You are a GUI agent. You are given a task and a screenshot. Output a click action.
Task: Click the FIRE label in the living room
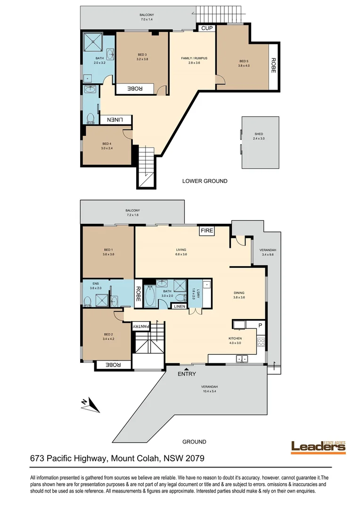click(x=207, y=231)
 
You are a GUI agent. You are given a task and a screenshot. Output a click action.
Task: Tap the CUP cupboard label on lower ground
click(x=206, y=28)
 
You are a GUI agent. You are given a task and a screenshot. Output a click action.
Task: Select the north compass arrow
click(x=87, y=403)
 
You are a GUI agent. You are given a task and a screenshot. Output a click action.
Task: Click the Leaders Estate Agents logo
click(x=318, y=446)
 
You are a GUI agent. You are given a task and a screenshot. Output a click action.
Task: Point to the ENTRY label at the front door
click(x=187, y=374)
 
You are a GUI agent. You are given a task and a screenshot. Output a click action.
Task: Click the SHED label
click(x=258, y=134)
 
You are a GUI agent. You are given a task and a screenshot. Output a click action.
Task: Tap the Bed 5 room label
click(x=243, y=61)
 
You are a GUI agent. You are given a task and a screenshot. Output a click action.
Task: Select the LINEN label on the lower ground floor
click(x=116, y=120)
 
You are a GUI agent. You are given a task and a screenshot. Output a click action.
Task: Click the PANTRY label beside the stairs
click(x=141, y=326)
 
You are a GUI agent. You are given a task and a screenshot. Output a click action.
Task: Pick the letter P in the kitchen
click(x=259, y=325)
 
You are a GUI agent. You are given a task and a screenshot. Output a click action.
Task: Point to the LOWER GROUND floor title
click(x=205, y=181)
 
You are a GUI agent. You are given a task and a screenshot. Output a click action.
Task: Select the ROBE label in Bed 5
click(x=274, y=65)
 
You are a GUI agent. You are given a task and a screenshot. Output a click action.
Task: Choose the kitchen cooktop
click(x=261, y=343)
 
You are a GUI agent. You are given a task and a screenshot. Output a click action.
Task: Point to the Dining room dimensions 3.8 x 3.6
click(x=239, y=297)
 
